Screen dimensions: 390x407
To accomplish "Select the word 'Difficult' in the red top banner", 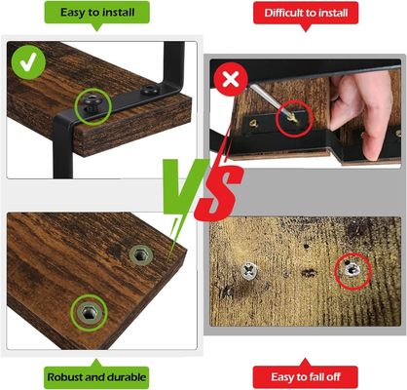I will coord(285,13).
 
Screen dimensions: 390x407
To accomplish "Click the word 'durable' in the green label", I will coord(125,375).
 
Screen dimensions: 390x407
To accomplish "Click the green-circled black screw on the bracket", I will coord(95,104).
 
